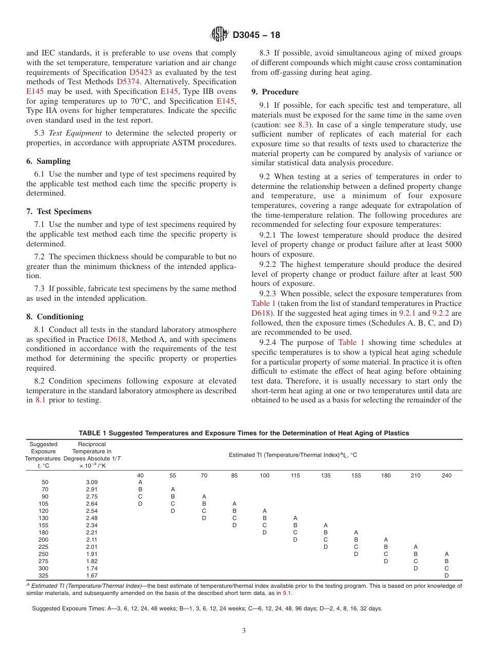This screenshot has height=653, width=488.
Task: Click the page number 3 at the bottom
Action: (x=243, y=631)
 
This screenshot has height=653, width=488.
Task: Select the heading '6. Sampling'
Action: (x=48, y=161)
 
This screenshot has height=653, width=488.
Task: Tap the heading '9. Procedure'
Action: (x=275, y=92)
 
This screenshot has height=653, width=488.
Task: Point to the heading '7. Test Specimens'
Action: (x=59, y=212)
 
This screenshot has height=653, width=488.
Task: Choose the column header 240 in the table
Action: (x=446, y=475)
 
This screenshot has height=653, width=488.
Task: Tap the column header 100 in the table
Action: (x=264, y=475)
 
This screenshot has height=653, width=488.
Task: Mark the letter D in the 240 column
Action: (x=446, y=575)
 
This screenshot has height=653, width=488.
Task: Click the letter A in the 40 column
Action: (x=140, y=482)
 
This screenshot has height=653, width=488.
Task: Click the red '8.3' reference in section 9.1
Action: (x=304, y=125)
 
